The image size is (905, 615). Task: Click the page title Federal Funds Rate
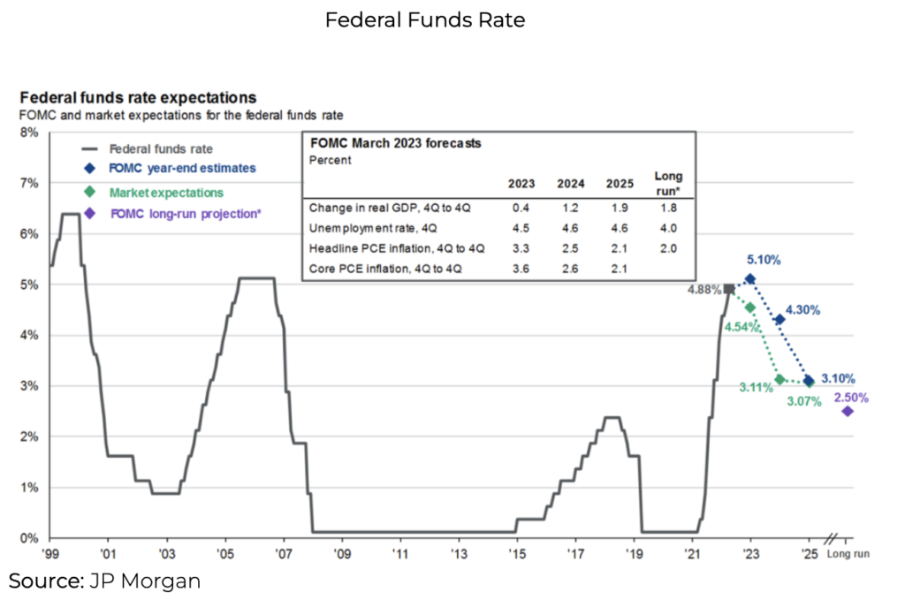(x=425, y=19)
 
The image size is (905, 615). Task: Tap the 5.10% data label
(x=764, y=262)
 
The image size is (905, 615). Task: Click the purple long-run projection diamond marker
(x=848, y=411)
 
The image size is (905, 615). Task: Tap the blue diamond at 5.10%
(x=750, y=279)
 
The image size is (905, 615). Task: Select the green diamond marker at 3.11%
(x=780, y=380)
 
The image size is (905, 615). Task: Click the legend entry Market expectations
(x=166, y=192)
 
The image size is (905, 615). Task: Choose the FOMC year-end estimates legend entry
(x=182, y=168)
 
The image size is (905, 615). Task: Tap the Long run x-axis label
(x=848, y=555)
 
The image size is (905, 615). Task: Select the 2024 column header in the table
(x=571, y=184)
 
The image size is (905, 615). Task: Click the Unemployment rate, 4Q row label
(x=355, y=229)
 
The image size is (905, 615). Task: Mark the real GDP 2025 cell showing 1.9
(x=619, y=209)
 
